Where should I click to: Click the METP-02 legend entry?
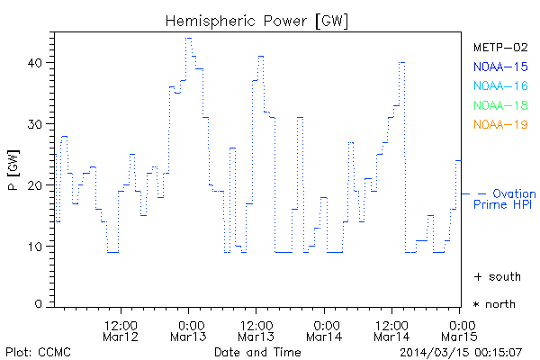pos(500,47)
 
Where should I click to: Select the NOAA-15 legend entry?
pos(500,67)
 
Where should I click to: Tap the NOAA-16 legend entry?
pos(500,86)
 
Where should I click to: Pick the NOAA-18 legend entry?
pos(500,105)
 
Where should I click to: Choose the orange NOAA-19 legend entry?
pos(500,125)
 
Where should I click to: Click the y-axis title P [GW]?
pos(13,169)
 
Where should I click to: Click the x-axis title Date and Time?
pos(257,351)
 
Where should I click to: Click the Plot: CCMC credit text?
pos(38,351)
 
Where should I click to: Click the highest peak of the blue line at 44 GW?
pos(189,39)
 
